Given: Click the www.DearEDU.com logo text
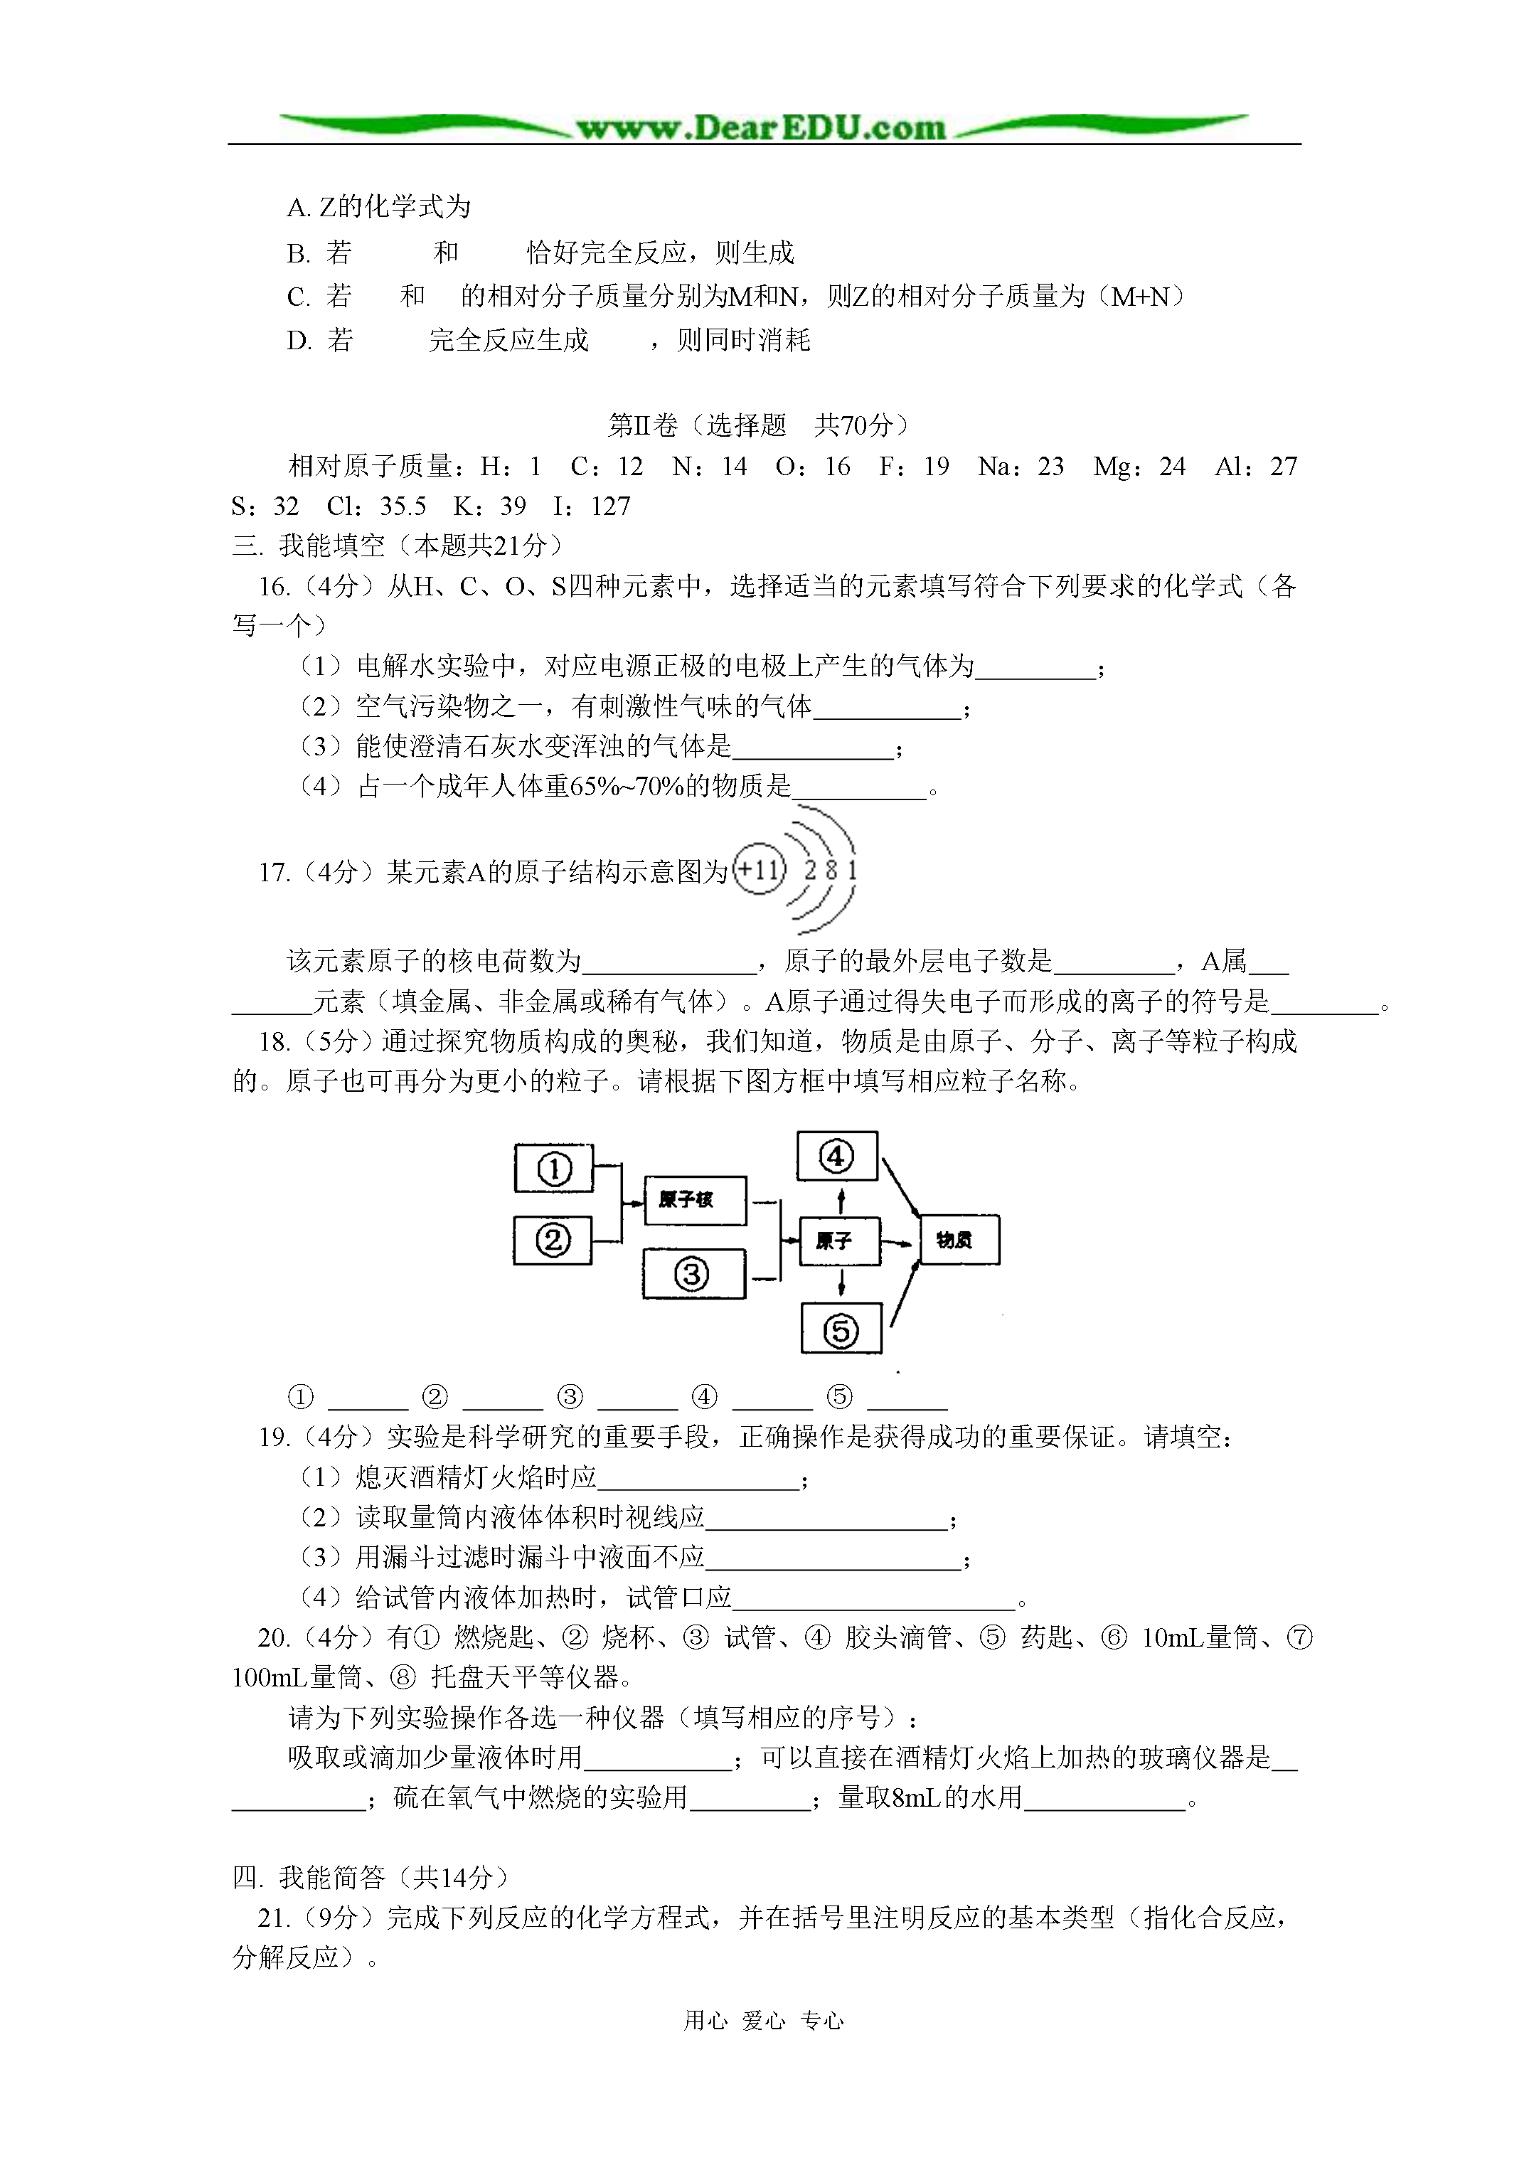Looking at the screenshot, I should click(761, 128).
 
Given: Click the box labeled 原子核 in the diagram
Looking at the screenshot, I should click(694, 1200).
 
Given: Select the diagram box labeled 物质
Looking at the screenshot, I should click(958, 1240).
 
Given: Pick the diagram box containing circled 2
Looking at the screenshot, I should click(553, 1240).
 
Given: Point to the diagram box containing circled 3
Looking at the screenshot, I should click(693, 1275).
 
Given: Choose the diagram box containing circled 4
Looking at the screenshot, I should click(836, 1156).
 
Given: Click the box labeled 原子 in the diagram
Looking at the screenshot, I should click(838, 1240).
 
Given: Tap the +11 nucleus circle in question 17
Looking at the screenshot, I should click(760, 868).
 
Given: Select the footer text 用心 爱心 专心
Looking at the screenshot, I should click(763, 2020).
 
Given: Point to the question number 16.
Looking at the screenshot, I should click(273, 587).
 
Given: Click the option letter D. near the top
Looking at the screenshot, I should click(299, 341).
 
